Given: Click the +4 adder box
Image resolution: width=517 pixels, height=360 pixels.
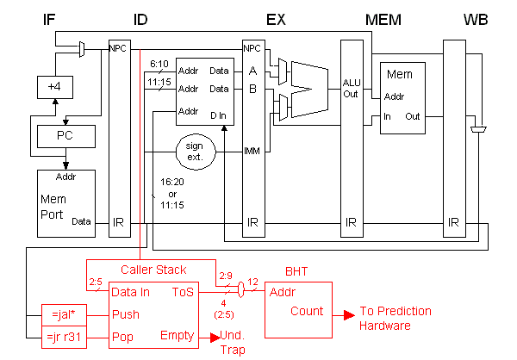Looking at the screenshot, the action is [55, 87].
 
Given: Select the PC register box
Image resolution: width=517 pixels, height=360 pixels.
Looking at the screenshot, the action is [66, 136].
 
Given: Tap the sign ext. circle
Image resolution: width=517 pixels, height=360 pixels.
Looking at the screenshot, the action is [196, 152].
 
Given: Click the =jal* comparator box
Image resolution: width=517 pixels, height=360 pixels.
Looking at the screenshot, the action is [64, 315].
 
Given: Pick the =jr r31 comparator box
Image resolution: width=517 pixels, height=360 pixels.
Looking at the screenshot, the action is [64, 338].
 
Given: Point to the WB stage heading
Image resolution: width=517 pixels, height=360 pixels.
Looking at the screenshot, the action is [476, 20].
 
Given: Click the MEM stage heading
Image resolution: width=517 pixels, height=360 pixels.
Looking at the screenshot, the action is [383, 20].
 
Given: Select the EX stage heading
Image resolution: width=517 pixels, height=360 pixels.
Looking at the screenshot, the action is [276, 20].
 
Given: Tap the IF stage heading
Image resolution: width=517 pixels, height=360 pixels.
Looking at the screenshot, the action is [49, 20].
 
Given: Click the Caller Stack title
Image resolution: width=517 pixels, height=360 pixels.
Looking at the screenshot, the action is [153, 270].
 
